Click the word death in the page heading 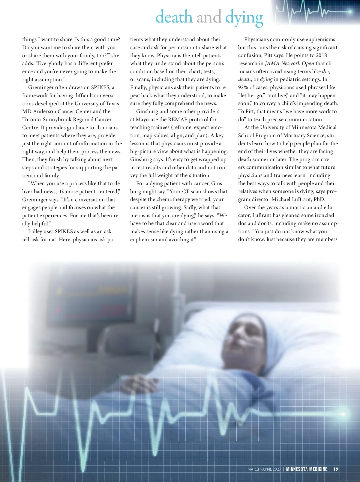pos(174,17)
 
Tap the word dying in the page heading pos(244,18)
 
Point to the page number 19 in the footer pos(336,469)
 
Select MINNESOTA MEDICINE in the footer pos(307,469)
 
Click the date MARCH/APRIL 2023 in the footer pos(264,469)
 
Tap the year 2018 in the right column pos(321,55)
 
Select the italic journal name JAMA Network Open pos(289,63)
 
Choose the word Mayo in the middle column pos(142,119)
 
